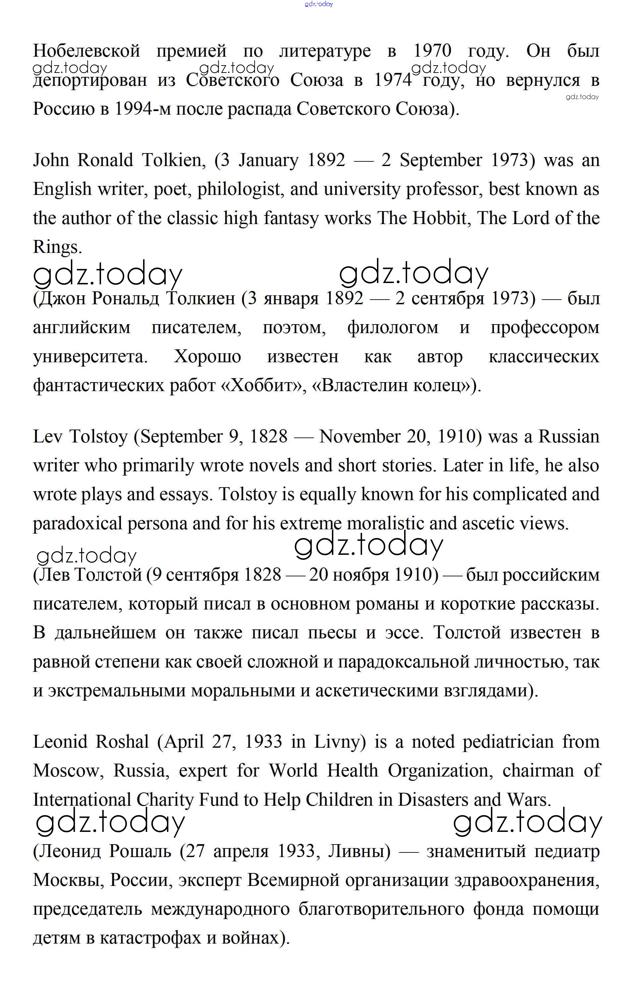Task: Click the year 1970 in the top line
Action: tap(433, 51)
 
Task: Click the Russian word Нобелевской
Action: tap(86, 51)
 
